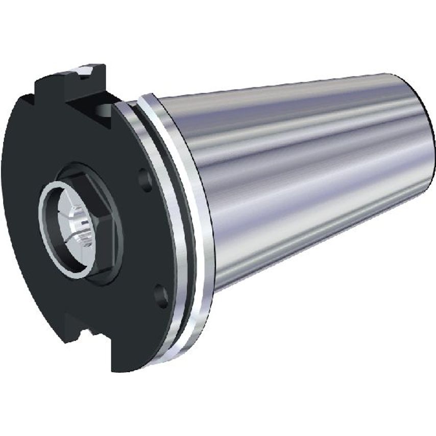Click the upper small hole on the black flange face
(x=145, y=180)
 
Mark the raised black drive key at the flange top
(x=71, y=84)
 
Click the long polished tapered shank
(x=306, y=168)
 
